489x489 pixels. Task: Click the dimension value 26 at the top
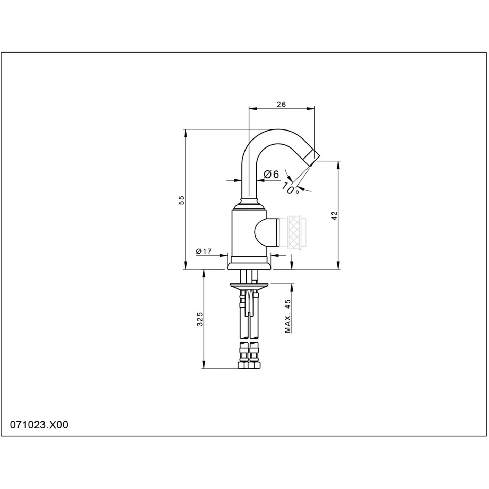coord(281,104)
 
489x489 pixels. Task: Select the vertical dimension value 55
coord(182,200)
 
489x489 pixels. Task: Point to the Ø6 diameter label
coord(271,174)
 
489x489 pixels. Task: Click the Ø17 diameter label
coord(204,251)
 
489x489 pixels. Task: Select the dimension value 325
coord(200,319)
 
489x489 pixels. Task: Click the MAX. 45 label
coord(288,316)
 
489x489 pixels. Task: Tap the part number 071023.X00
coord(39,425)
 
